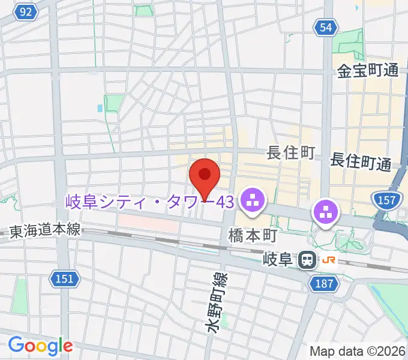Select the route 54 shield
click(325, 27)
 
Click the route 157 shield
click(387, 199)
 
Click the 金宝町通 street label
click(368, 70)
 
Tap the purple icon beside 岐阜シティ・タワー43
click(252, 201)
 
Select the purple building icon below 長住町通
click(326, 212)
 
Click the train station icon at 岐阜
click(308, 260)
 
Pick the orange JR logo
click(328, 260)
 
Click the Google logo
click(40, 346)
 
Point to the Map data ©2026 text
click(356, 351)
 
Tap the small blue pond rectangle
click(99, 109)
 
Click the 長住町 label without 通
click(291, 154)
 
